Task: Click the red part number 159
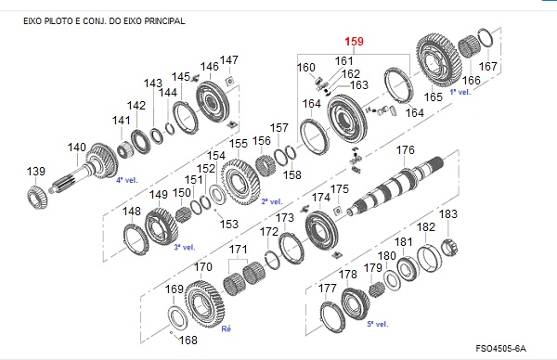[355, 42]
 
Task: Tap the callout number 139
[36, 171]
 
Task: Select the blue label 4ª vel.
[127, 180]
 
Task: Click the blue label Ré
[226, 328]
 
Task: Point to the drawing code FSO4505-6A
[501, 348]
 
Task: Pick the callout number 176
[406, 149]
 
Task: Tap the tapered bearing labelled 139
[37, 199]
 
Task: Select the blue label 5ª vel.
[378, 324]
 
